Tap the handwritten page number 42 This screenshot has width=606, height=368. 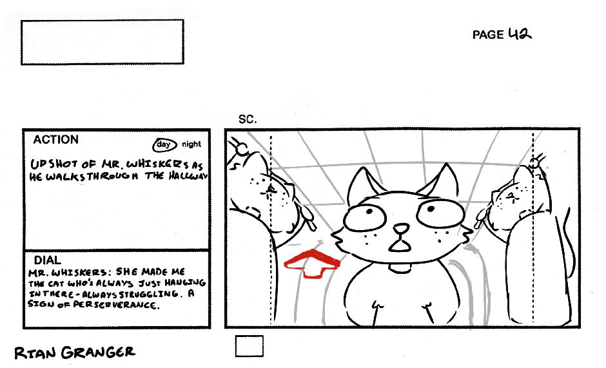[520, 34]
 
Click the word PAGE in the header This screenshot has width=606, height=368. [488, 35]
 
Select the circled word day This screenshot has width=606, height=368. [164, 144]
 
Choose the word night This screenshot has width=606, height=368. [191, 144]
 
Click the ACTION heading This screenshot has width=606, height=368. [55, 139]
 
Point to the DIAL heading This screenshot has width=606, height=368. [47, 260]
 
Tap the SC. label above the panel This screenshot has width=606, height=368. [248, 119]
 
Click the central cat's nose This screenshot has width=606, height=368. [401, 228]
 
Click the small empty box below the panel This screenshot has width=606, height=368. [249, 346]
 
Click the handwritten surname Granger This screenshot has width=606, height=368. [99, 352]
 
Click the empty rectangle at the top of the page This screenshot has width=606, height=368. [103, 42]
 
